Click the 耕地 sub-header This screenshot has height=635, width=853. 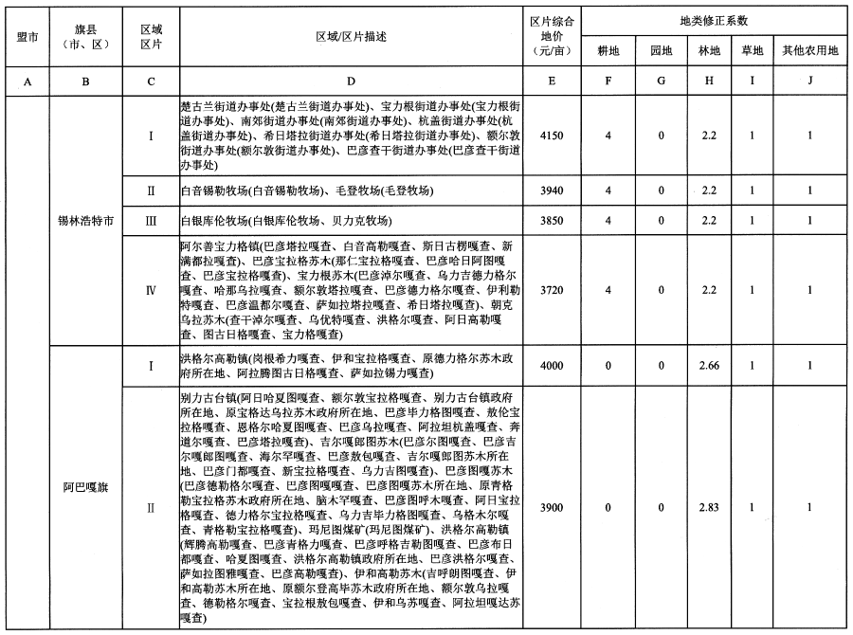tap(608, 49)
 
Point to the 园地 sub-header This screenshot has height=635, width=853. tap(661, 49)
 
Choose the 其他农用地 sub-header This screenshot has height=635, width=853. tap(809, 49)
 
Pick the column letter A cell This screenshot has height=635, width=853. tap(27, 81)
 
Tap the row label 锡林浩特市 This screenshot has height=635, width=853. tap(86, 221)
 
